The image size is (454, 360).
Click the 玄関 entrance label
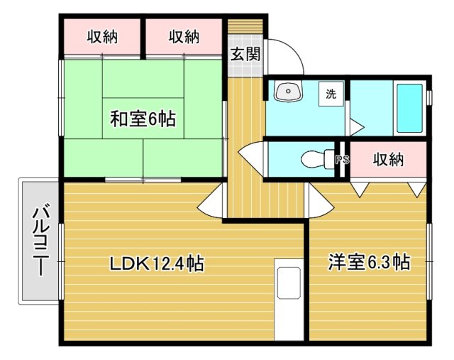pyautogui.click(x=245, y=54)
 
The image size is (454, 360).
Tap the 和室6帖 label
pyautogui.click(x=143, y=119)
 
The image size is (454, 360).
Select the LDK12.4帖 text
pyautogui.click(x=157, y=263)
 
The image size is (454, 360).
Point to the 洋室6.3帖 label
pyautogui.click(x=369, y=262)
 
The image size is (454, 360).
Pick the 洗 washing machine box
pyautogui.click(x=331, y=94)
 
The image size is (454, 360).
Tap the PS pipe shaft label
pyautogui.click(x=342, y=159)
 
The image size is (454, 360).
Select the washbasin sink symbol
pyautogui.click(x=288, y=90)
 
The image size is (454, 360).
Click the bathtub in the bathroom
pyautogui.click(x=409, y=108)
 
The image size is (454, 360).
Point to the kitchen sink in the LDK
pyautogui.click(x=289, y=283)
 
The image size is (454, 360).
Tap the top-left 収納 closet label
pyautogui.click(x=102, y=37)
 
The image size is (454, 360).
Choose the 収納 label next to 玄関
pyautogui.click(x=184, y=37)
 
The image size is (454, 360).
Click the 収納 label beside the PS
pyautogui.click(x=388, y=159)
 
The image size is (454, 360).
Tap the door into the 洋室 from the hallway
pyautogui.click(x=321, y=200)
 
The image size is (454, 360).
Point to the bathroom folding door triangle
pyautogui.click(x=355, y=126)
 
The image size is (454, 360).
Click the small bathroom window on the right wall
pyautogui.click(x=429, y=97)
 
